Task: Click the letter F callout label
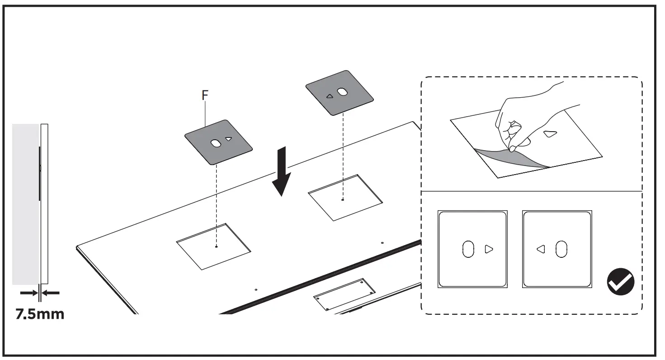click(205, 95)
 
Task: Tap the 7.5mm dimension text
click(40, 314)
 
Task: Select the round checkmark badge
click(620, 282)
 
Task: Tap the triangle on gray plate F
click(228, 139)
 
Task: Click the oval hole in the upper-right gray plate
click(343, 92)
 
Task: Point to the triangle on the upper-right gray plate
click(330, 96)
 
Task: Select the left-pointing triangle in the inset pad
click(541, 249)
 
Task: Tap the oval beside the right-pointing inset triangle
click(468, 249)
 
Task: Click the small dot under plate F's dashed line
click(217, 246)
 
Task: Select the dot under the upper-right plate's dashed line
click(343, 199)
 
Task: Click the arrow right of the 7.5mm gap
click(51, 293)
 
